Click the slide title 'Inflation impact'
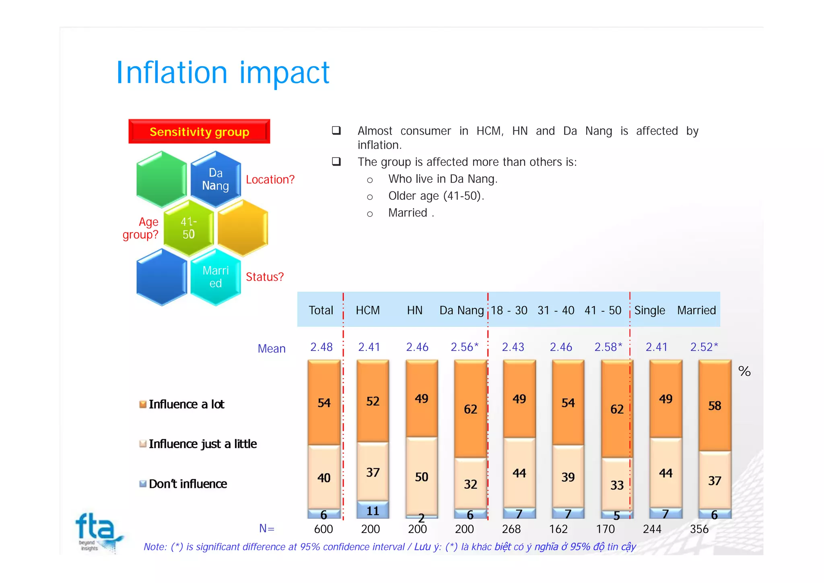(x=222, y=73)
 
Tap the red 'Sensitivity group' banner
(x=199, y=132)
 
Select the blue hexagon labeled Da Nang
(x=216, y=179)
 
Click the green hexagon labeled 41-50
(x=188, y=228)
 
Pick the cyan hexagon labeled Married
(x=216, y=277)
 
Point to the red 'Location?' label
(x=270, y=180)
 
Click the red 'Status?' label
(x=264, y=277)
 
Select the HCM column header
(x=368, y=310)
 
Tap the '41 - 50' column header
(x=603, y=310)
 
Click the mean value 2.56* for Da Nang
(x=464, y=347)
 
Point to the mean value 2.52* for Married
(x=704, y=347)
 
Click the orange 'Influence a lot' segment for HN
(x=422, y=399)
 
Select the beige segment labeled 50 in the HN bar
(x=422, y=477)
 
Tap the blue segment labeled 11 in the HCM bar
(x=373, y=510)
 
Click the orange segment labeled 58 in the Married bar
(x=715, y=405)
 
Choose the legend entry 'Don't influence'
(x=187, y=484)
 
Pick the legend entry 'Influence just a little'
(x=202, y=444)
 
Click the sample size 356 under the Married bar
(x=699, y=529)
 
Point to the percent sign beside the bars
(x=744, y=371)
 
